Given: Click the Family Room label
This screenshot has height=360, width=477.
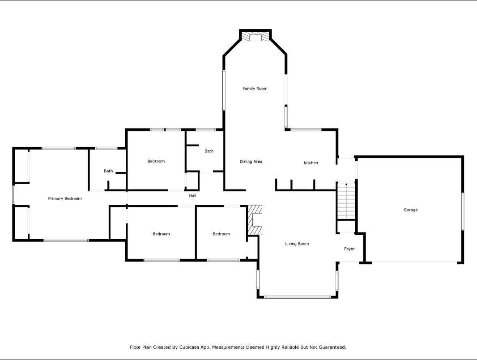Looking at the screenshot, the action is click(x=255, y=89).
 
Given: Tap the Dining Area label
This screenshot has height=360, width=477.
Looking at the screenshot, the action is click(x=251, y=161).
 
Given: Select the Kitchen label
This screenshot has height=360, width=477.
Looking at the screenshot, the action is click(x=311, y=163).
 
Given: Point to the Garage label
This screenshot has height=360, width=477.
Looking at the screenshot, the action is click(x=410, y=210).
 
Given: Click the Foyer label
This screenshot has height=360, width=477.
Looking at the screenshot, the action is click(x=349, y=249).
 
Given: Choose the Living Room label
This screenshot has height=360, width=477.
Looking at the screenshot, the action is click(x=297, y=244).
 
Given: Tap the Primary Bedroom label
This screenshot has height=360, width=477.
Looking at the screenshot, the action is click(x=65, y=199).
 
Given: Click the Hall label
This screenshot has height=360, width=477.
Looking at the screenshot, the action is click(x=192, y=195).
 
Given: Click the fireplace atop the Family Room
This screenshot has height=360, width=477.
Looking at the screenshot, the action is click(x=255, y=36).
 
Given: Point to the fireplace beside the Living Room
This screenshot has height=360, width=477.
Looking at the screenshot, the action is click(x=255, y=220).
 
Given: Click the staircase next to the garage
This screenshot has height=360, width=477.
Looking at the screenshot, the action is click(x=346, y=201).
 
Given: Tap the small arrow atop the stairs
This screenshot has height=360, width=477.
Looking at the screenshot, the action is click(x=346, y=184).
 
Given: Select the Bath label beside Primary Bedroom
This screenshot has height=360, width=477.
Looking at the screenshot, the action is click(x=108, y=171).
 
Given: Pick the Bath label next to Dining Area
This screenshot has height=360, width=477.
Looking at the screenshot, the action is click(x=209, y=151).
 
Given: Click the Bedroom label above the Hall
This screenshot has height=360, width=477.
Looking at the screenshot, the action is click(x=156, y=161).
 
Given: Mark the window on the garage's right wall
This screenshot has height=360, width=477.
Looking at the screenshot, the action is click(x=463, y=212).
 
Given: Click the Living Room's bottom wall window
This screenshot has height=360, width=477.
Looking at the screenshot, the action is click(x=297, y=297).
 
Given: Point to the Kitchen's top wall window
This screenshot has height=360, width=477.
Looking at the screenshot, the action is click(x=306, y=130).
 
